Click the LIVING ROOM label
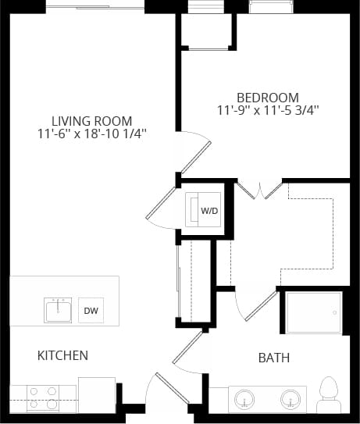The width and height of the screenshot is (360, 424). point(91,121)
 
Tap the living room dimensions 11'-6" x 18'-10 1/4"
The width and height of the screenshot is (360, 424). point(92,134)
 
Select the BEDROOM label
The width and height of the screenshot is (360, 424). point(268,97)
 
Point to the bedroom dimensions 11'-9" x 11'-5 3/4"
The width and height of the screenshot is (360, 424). point(268,110)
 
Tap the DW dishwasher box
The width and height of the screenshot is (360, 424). point(91,311)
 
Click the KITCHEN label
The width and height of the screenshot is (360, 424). point(62,356)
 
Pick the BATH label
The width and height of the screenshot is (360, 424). point(274,358)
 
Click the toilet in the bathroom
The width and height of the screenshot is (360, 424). point(329,394)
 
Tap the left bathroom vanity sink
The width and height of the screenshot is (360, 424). point(246,399)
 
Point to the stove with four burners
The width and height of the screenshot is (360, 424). point(42,397)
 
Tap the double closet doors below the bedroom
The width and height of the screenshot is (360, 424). point(258,189)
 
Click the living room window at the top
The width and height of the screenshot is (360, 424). point(94,7)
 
